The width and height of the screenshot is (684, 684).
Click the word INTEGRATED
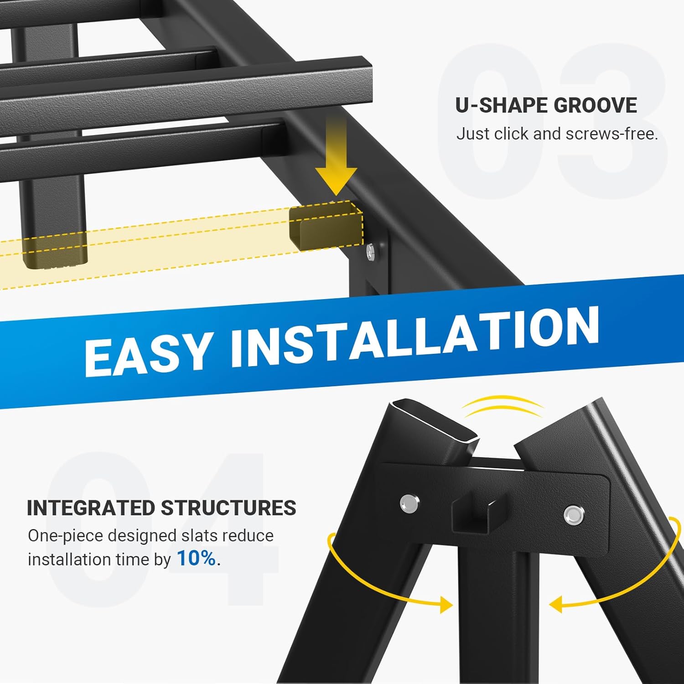[91, 508]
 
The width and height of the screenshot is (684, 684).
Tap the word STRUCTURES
[228, 508]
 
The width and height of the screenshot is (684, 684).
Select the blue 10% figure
[197, 559]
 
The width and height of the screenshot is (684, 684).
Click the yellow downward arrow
[336, 155]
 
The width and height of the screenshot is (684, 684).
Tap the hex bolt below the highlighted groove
[370, 251]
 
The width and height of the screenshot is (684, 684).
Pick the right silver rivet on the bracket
[573, 515]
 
